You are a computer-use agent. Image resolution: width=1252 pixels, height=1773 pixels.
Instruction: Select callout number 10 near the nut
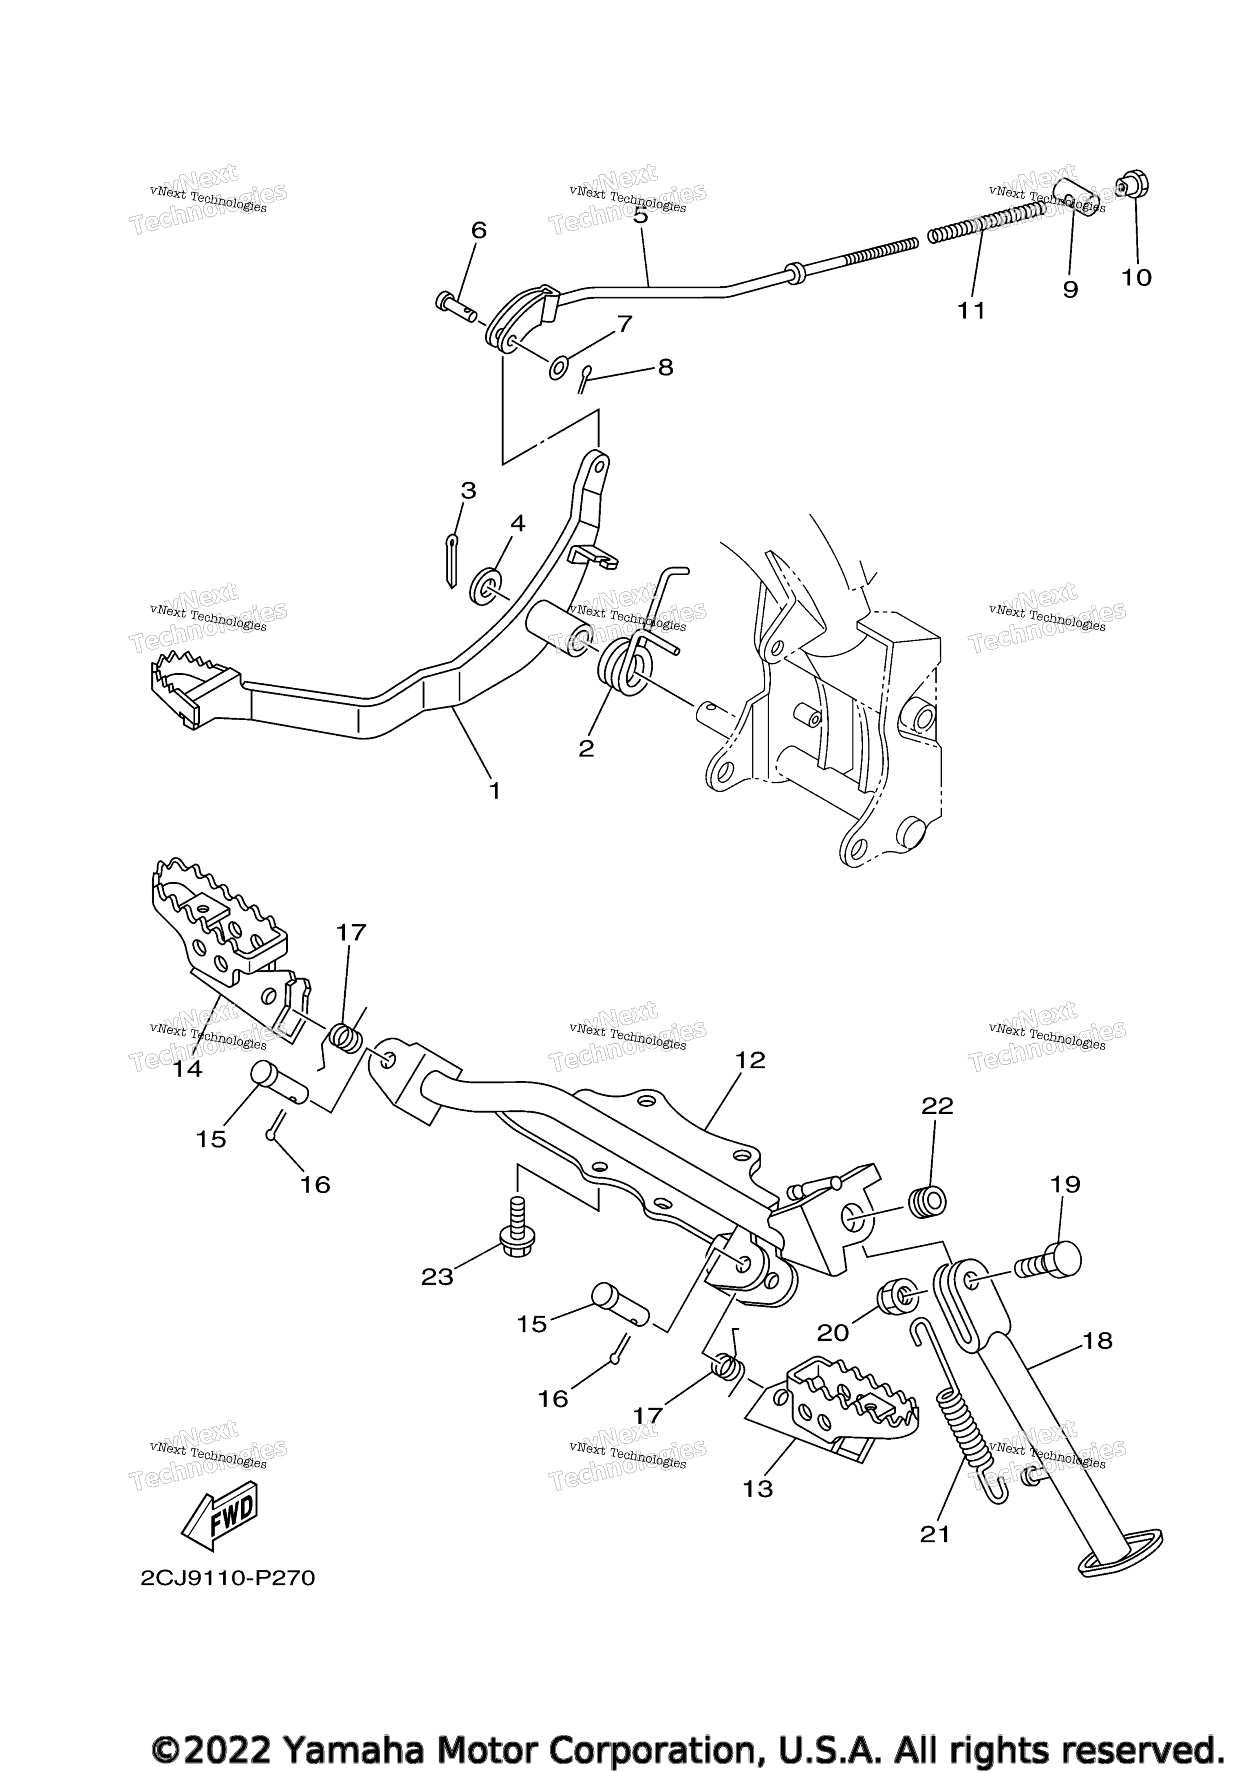1136,277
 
